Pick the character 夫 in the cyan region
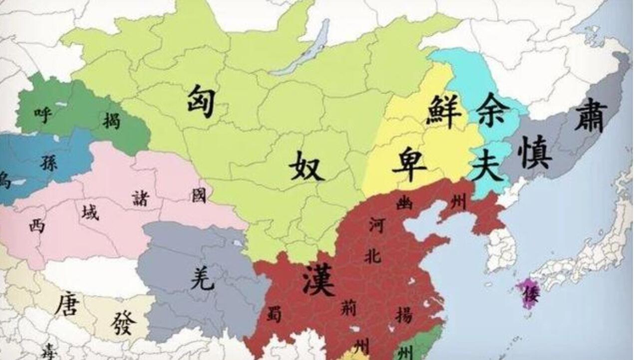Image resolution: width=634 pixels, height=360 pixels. (x=487, y=165)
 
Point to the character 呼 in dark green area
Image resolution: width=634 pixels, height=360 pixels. (x=43, y=111)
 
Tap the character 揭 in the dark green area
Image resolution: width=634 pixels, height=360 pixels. (x=111, y=120)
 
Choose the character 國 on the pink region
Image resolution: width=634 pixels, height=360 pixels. (x=199, y=196)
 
